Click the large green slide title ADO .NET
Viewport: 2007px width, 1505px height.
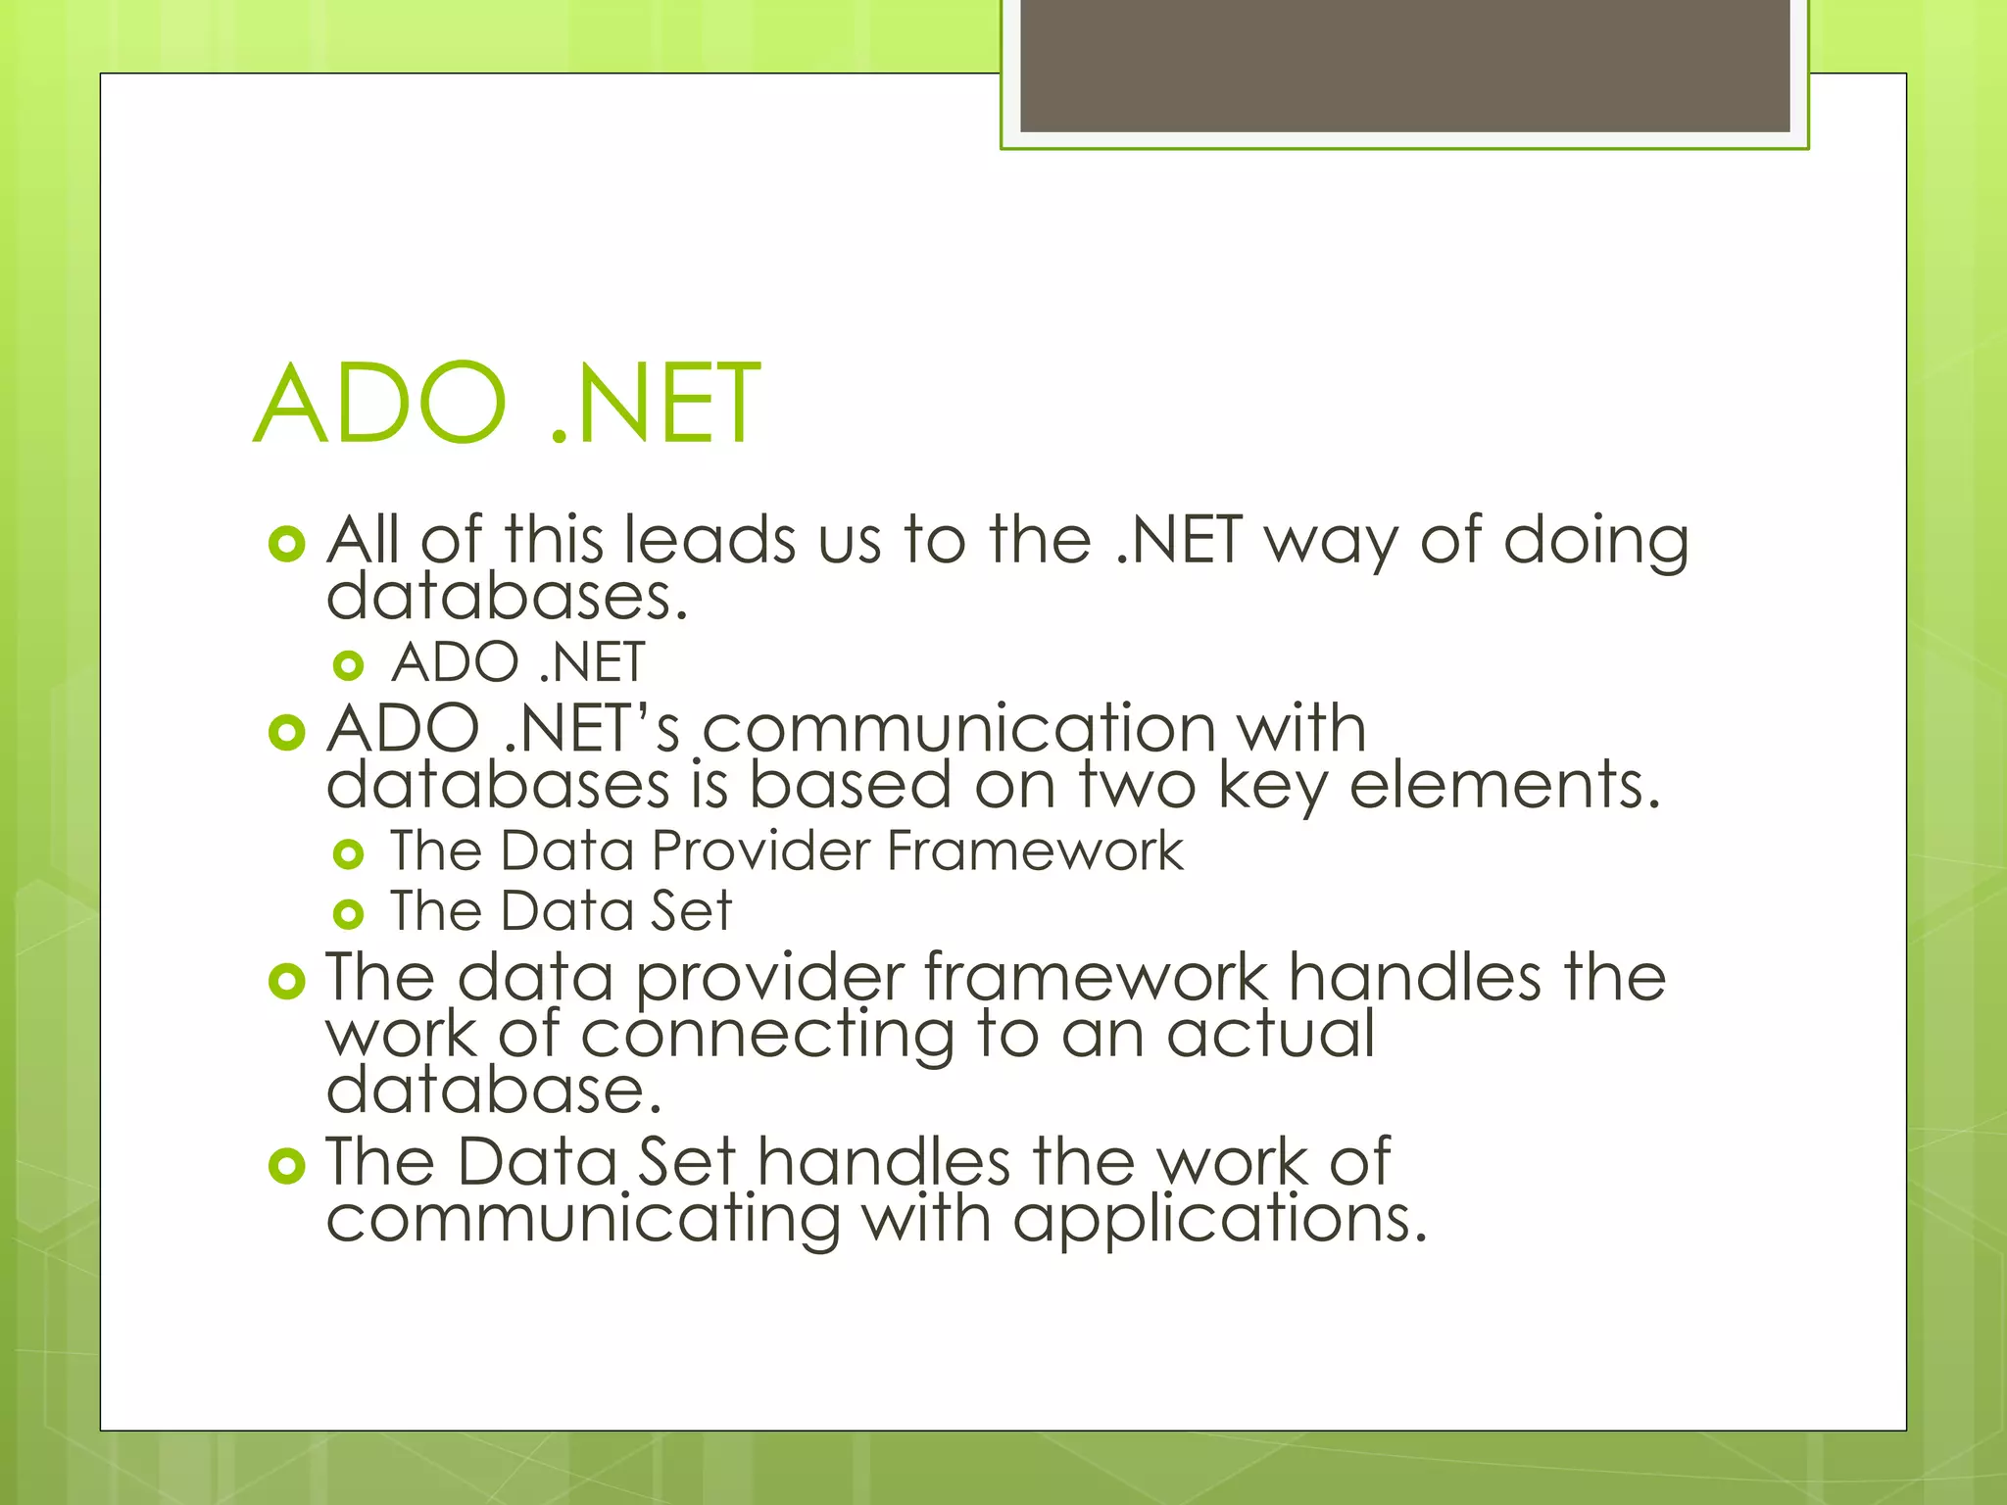[507, 404]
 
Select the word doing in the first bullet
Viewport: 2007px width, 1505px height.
[1596, 542]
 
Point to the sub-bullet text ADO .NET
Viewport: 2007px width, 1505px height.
[517, 662]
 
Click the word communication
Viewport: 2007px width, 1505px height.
[959, 729]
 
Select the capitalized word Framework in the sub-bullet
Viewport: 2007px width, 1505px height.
[1035, 850]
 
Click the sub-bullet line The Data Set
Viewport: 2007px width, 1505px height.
[561, 911]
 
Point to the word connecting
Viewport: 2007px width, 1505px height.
[767, 1037]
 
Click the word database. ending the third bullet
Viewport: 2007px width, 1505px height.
[494, 1091]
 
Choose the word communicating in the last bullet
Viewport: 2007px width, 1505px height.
[583, 1221]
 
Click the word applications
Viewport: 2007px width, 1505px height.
[1219, 1221]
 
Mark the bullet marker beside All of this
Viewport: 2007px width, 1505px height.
[286, 544]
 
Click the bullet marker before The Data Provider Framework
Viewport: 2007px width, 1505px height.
[348, 854]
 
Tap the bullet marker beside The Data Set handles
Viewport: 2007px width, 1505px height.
[286, 1165]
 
